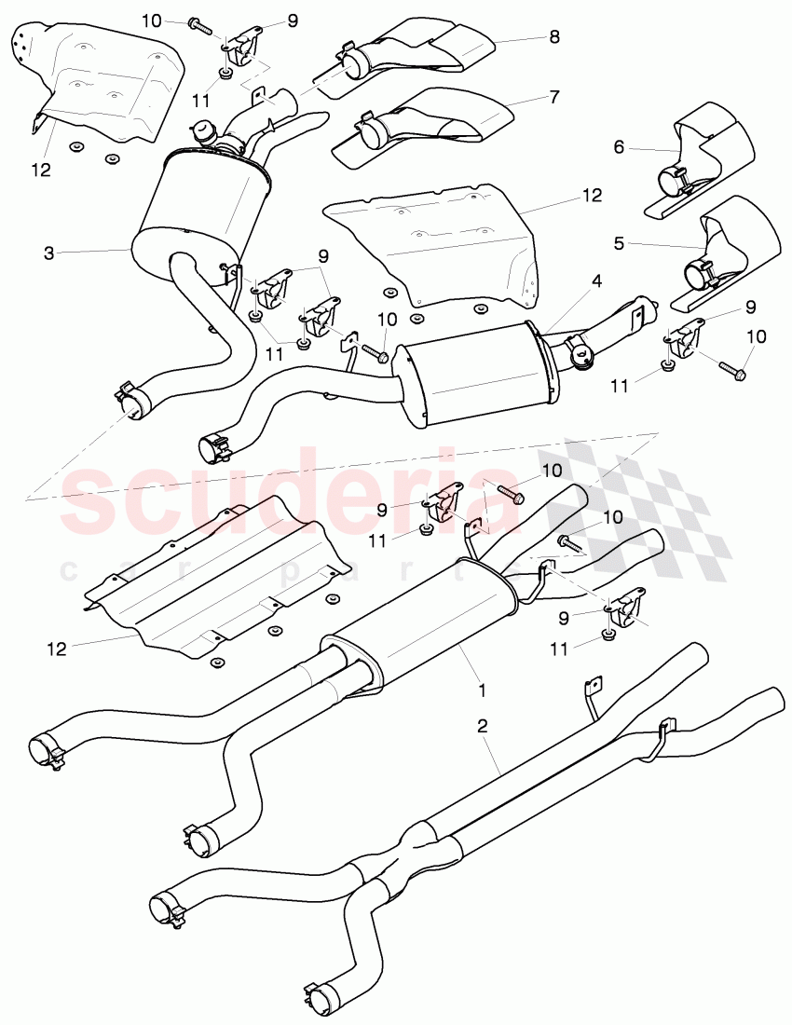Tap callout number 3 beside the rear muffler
coord(49,253)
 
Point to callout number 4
coord(595,280)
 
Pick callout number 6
coord(618,146)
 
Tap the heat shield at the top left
coord(102,79)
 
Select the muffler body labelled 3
coord(200,205)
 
